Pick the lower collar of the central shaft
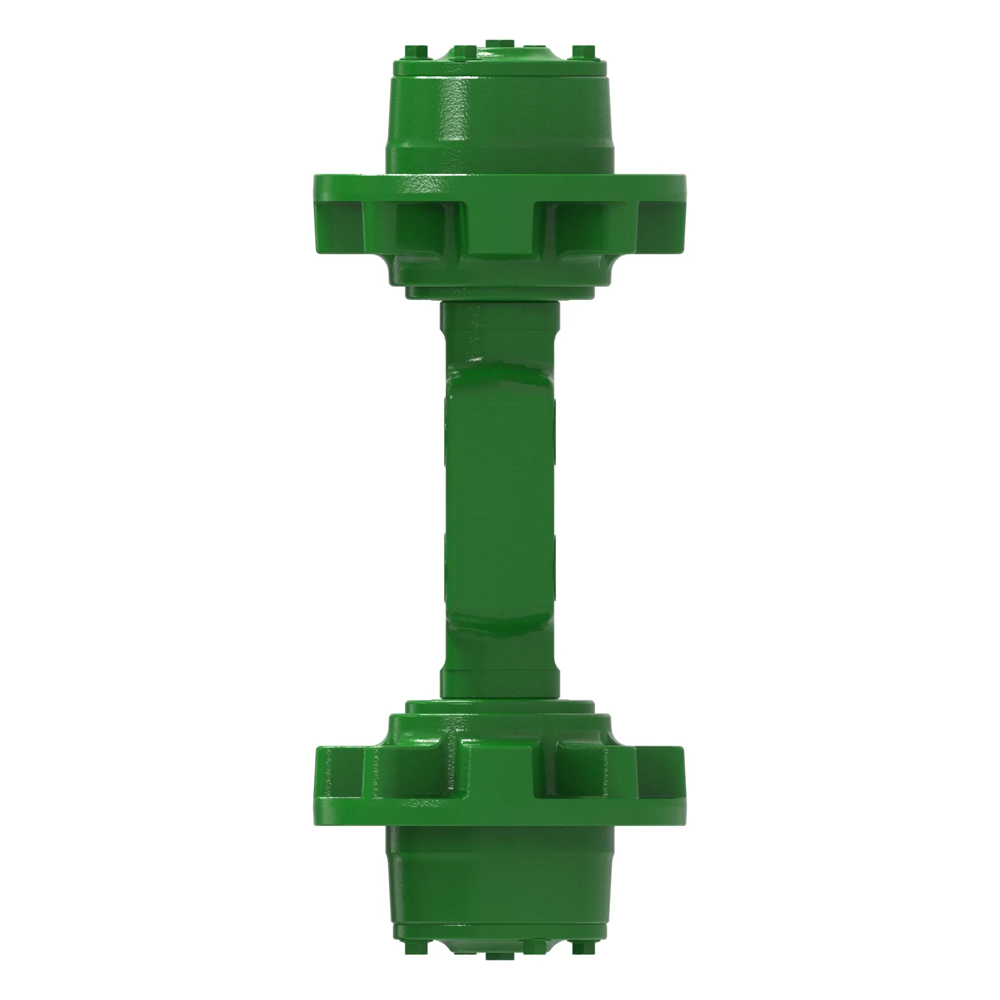point(500,683)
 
